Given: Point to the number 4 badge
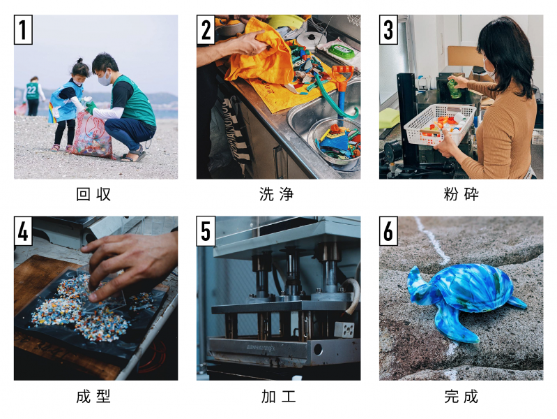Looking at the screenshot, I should pos(23,231).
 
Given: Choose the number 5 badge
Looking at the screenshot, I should pos(206,231).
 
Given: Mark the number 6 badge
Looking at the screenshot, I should pos(388,231).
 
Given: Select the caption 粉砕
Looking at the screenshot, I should pos(461,195).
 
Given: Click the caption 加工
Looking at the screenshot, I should pos(277,397).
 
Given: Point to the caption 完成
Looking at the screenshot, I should pos(461,397).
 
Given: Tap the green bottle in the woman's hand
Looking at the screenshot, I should pos(452,87).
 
